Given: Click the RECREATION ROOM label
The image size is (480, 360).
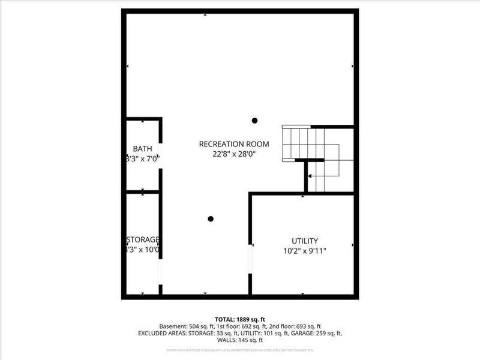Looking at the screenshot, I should pyautogui.click(x=234, y=144).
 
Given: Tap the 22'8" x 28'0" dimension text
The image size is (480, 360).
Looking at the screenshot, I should pyautogui.click(x=234, y=154).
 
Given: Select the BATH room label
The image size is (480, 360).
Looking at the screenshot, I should pyautogui.click(x=142, y=149).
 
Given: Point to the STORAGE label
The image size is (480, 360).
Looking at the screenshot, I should pyautogui.click(x=142, y=239).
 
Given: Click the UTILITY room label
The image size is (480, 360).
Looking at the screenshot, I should pyautogui.click(x=305, y=241).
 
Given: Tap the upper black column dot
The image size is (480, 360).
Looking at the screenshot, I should pyautogui.click(x=254, y=121).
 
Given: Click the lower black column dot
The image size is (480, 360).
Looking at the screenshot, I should pyautogui.click(x=211, y=219).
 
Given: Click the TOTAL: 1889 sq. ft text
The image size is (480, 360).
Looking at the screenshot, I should pyautogui.click(x=240, y=319).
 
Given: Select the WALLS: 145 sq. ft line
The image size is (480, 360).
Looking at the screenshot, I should pyautogui.click(x=240, y=340).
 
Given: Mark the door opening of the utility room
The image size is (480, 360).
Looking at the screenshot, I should pyautogui.click(x=250, y=260).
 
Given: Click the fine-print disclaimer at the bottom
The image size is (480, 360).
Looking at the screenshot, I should pyautogui.click(x=240, y=350).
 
